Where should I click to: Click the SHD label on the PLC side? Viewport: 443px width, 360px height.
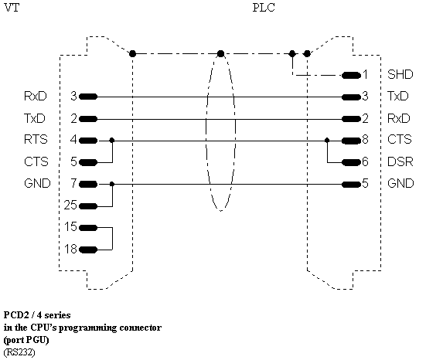click(400, 74)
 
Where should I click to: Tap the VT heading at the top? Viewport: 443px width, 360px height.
click(12, 8)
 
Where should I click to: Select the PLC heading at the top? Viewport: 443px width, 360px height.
click(264, 8)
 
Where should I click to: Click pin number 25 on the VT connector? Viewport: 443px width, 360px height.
click(70, 205)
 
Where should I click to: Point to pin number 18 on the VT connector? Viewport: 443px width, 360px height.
click(70, 249)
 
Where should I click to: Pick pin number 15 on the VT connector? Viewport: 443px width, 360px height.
click(70, 226)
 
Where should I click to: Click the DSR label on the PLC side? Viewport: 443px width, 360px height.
click(400, 161)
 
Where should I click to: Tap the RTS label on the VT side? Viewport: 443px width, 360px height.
click(36, 140)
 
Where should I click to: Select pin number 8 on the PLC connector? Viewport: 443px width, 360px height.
click(365, 140)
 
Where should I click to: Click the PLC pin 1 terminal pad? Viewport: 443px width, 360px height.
click(351, 76)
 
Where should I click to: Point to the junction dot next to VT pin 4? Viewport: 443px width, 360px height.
click(112, 141)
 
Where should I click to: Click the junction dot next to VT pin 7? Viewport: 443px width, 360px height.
click(112, 184)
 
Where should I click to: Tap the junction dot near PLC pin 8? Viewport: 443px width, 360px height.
click(327, 140)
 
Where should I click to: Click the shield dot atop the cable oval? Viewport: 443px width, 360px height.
click(220, 53)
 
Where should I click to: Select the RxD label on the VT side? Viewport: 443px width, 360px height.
click(36, 97)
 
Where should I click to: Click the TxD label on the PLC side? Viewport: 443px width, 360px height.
click(398, 97)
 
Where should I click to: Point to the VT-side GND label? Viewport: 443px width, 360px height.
click(37, 184)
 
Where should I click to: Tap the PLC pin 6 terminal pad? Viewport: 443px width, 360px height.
click(351, 162)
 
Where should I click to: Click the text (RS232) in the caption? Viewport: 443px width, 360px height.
click(19, 352)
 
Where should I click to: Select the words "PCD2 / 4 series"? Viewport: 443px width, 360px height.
click(37, 315)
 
